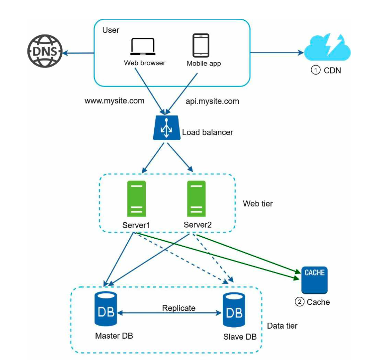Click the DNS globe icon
click(45, 51)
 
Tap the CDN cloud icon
click(327, 47)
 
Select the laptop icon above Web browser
click(143, 47)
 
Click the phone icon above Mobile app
click(201, 45)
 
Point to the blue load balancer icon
click(167, 128)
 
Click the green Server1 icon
click(136, 199)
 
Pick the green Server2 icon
click(196, 199)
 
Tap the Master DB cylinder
click(106, 309)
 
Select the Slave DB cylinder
click(234, 310)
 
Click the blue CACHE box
click(314, 280)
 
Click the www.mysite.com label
click(114, 100)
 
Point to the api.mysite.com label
click(212, 101)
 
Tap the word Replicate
click(179, 308)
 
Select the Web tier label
click(258, 203)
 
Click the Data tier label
click(282, 326)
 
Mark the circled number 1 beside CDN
click(315, 70)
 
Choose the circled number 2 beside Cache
click(299, 302)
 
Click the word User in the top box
click(110, 30)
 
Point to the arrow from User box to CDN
click(277, 53)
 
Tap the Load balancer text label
click(207, 132)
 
